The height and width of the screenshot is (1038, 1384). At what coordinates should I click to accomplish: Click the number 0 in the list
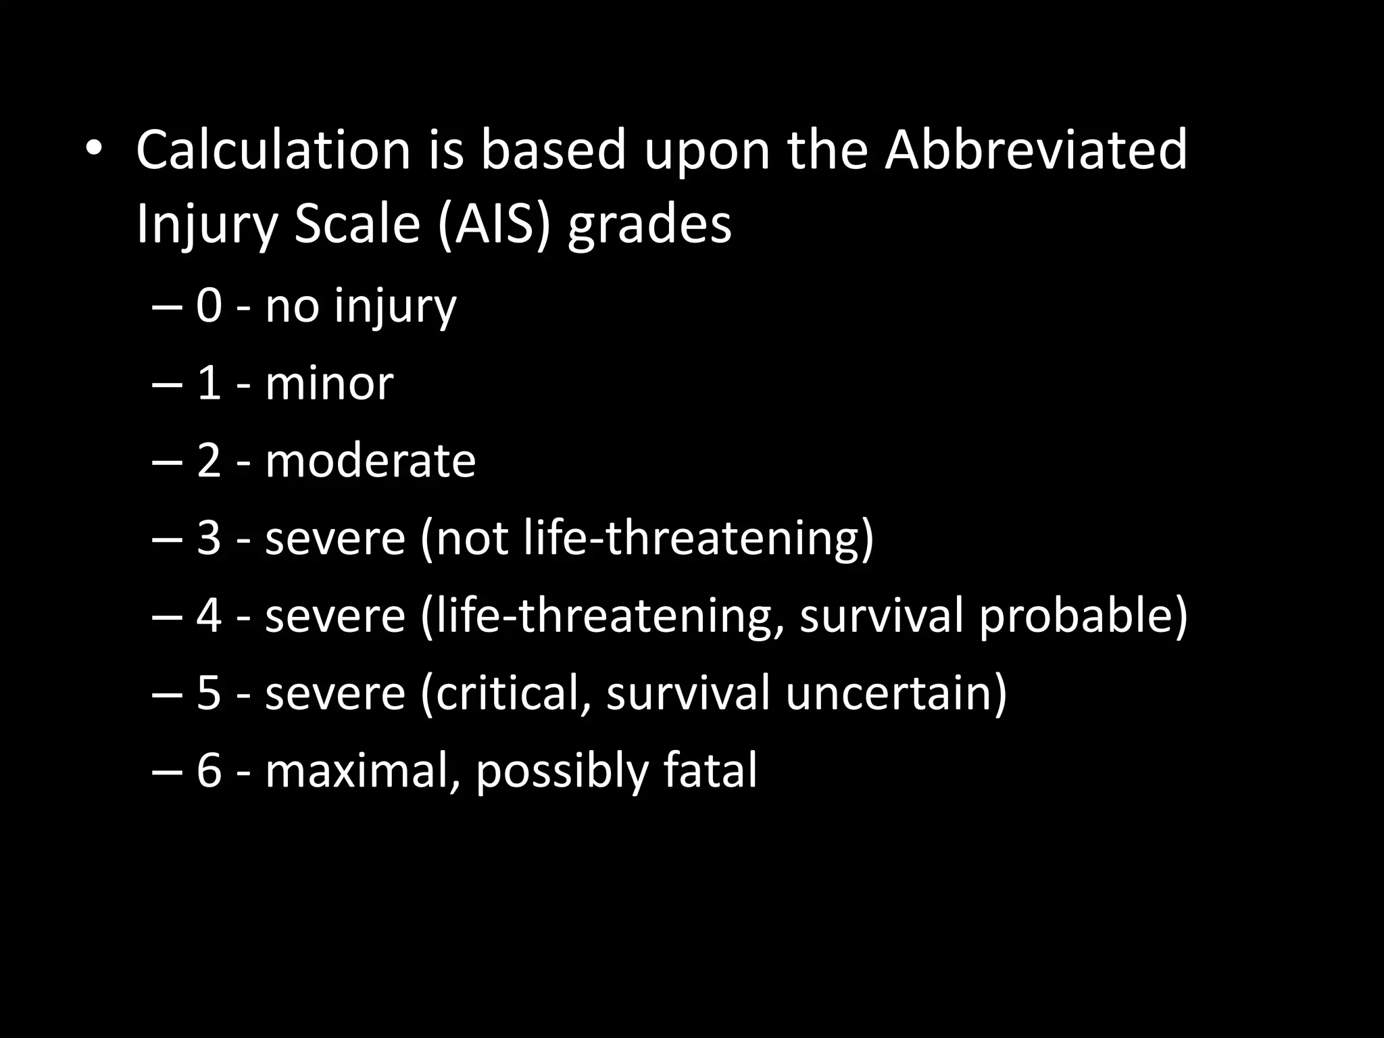coord(209,305)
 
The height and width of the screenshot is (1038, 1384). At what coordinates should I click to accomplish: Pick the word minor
coord(329,383)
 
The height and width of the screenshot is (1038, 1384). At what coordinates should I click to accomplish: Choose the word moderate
coord(370,461)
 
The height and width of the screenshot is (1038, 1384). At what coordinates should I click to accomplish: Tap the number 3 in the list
coord(209,539)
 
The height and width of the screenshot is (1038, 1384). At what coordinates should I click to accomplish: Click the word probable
coord(1083,616)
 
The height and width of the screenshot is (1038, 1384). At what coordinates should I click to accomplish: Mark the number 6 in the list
coord(209,771)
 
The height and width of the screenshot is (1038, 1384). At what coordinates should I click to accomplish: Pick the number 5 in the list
coord(209,693)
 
